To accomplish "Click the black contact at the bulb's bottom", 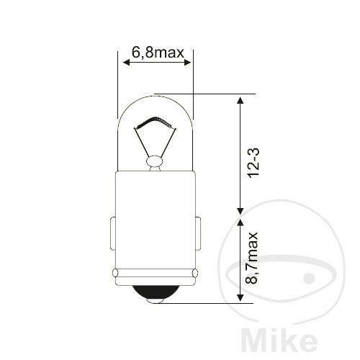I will click(x=155, y=292).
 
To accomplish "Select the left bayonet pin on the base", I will click(x=112, y=234).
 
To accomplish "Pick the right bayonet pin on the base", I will click(x=198, y=234).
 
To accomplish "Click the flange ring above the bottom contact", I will click(x=155, y=274).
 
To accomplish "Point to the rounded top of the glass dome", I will click(x=155, y=96).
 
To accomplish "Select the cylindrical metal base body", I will click(x=155, y=216).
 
